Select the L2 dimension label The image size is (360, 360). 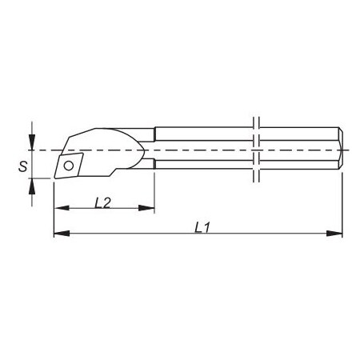coord(102,202)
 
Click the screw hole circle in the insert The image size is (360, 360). coord(70,166)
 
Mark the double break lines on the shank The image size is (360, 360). coord(256,150)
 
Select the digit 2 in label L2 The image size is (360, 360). coord(107,202)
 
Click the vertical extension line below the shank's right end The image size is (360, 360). coord(343,200)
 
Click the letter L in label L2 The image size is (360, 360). coord(98,202)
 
